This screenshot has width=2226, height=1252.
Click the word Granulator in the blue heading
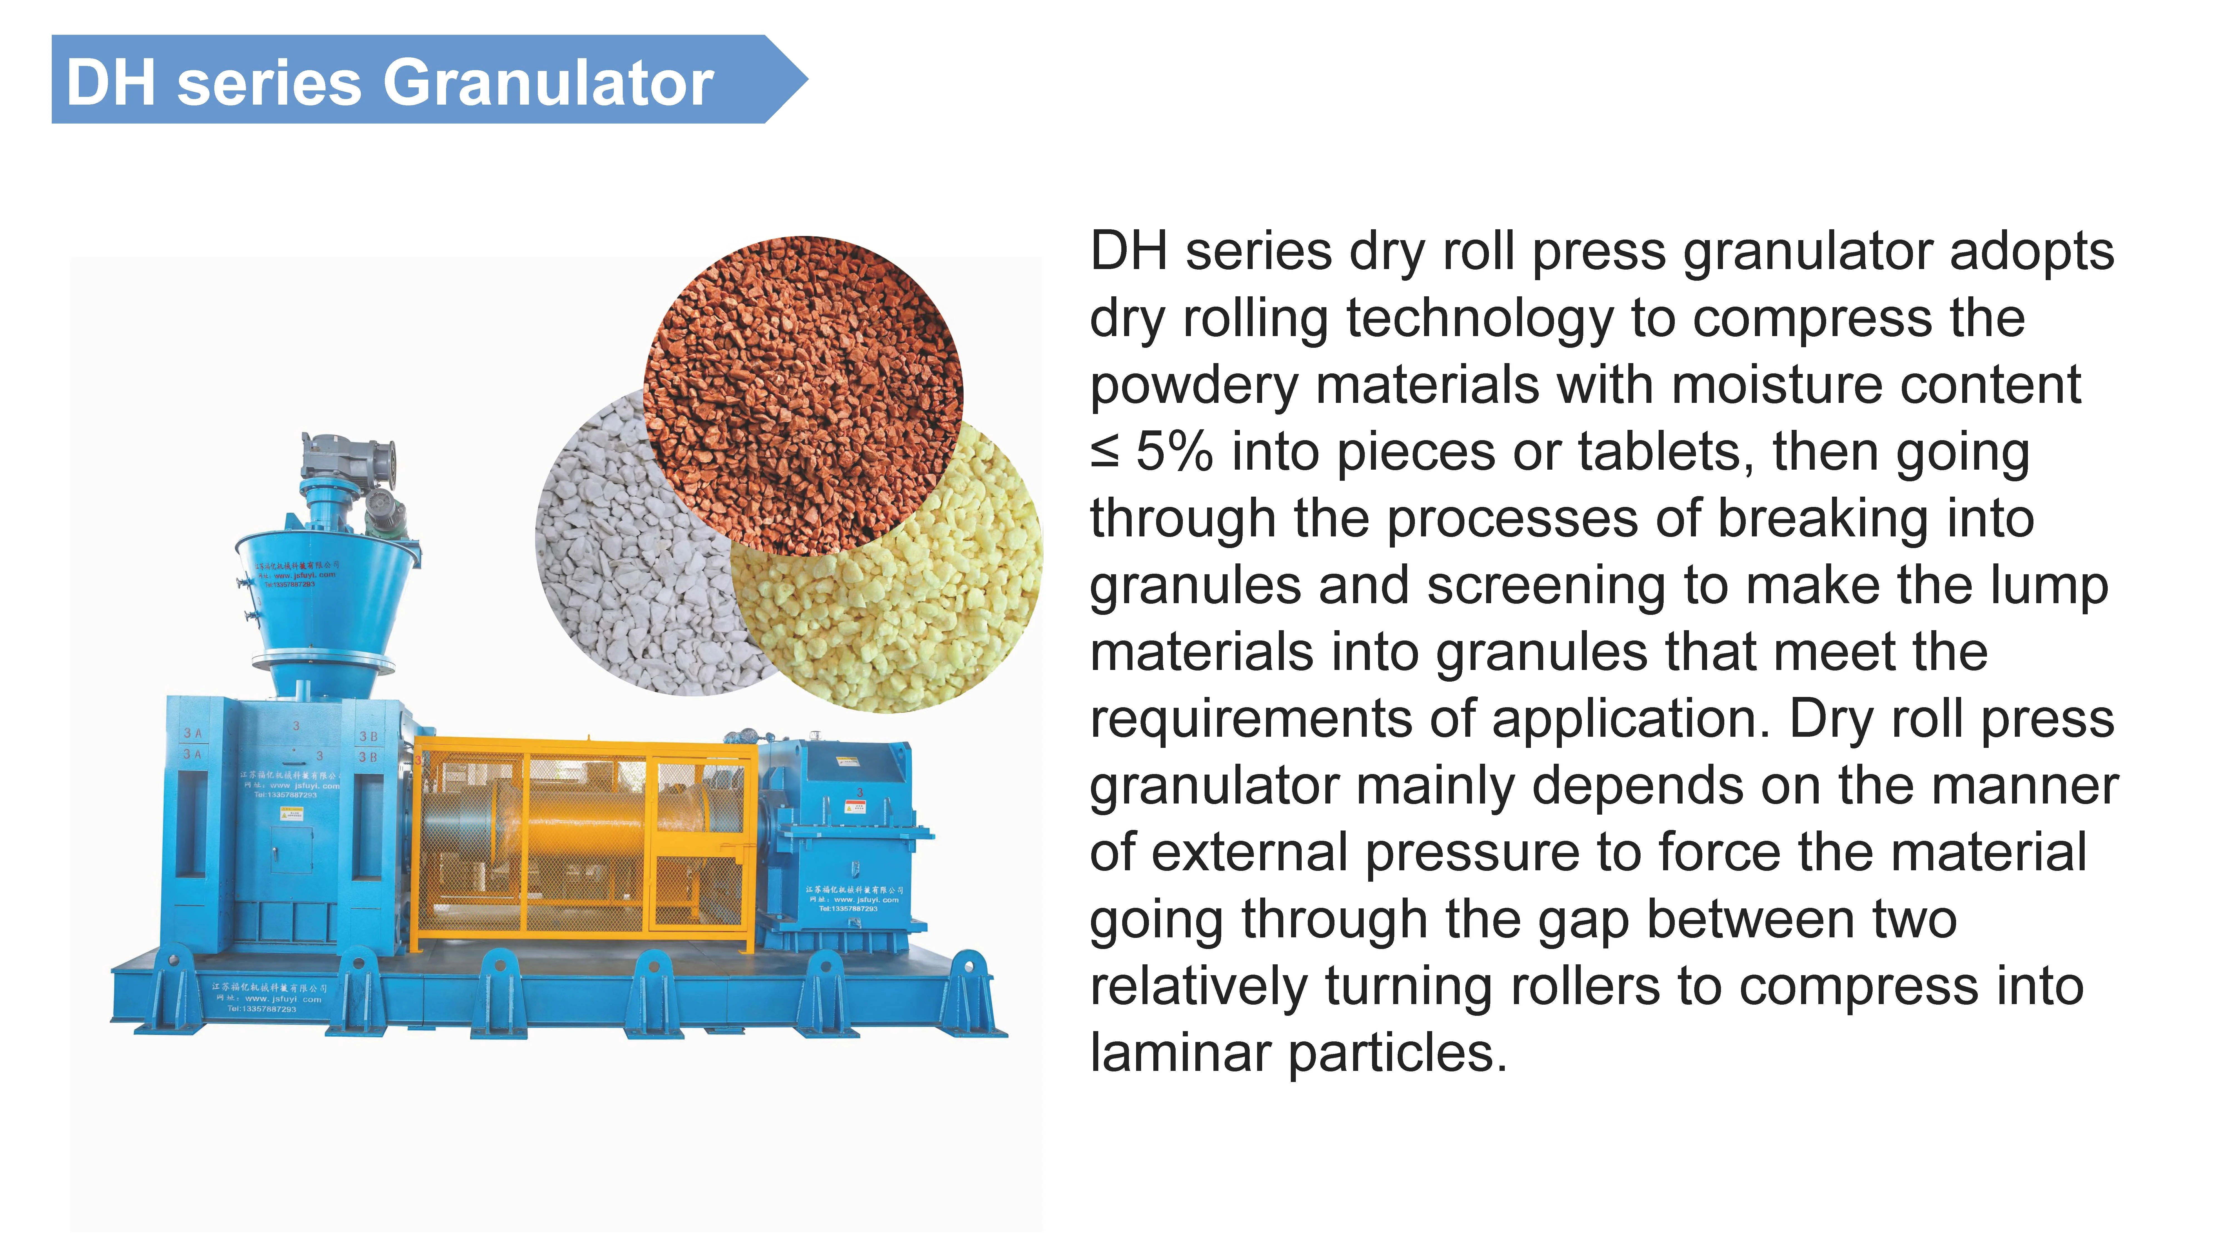pos(548,84)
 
